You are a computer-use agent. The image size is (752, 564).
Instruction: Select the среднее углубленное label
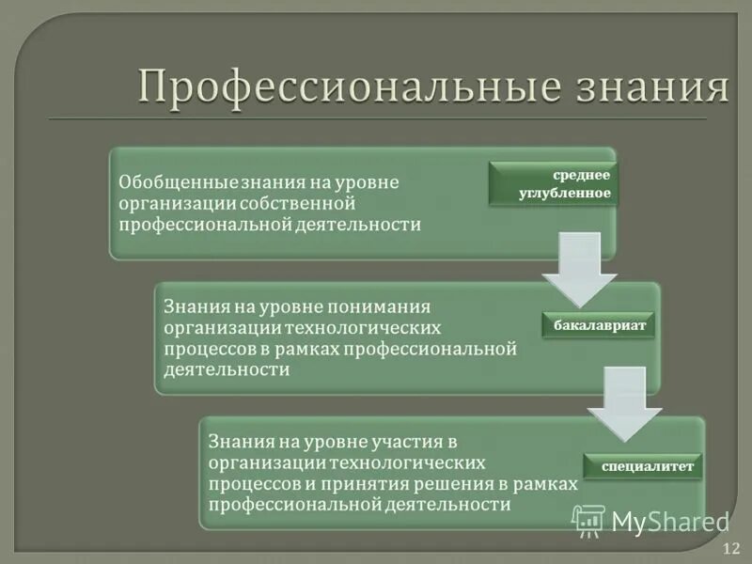[x=552, y=184]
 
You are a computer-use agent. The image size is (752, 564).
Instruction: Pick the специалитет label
[x=644, y=465]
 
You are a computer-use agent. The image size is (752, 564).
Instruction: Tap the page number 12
[x=731, y=547]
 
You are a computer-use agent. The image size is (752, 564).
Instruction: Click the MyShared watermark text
[x=670, y=522]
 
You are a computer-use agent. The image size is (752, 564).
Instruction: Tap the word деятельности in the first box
[x=361, y=225]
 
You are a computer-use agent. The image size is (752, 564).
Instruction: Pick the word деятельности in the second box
[x=227, y=369]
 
